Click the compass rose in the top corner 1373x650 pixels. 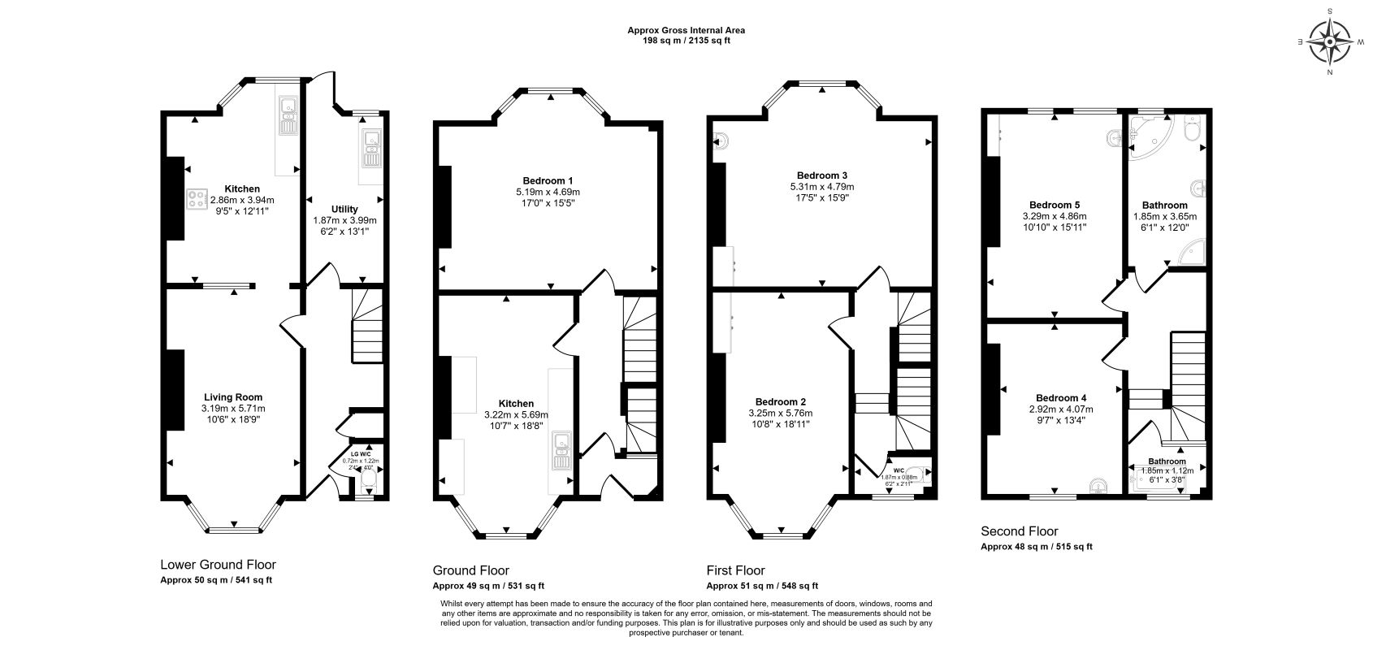(x=1329, y=41)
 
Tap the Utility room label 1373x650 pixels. (x=344, y=209)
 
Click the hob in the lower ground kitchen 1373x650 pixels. (x=197, y=199)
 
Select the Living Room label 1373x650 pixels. (x=232, y=397)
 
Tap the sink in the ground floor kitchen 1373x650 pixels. (x=561, y=452)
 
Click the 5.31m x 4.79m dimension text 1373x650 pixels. (x=822, y=187)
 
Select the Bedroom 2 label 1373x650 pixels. (x=780, y=402)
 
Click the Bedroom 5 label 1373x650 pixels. (x=1054, y=205)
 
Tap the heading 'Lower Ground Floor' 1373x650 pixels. (x=218, y=565)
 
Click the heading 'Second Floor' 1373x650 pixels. (x=1020, y=531)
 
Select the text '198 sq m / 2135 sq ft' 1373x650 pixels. (x=686, y=40)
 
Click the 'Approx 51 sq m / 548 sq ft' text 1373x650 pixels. (x=762, y=586)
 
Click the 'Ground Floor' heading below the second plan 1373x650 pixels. (x=470, y=570)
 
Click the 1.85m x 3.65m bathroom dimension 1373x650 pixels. (x=1164, y=217)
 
